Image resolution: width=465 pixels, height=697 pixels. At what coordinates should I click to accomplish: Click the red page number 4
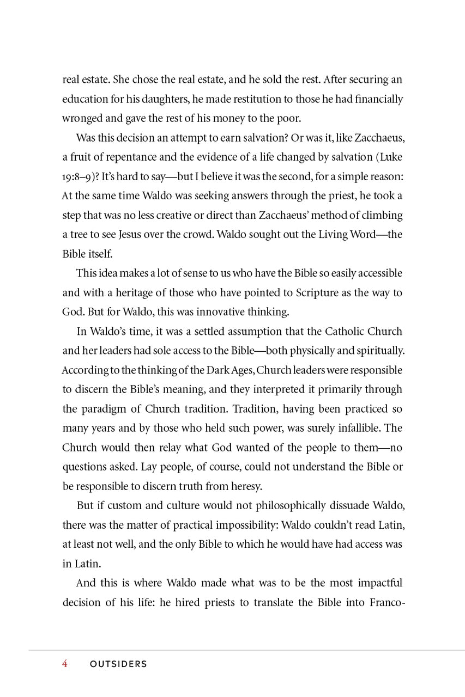(x=65, y=664)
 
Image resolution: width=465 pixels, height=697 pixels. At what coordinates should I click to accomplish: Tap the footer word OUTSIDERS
(x=118, y=664)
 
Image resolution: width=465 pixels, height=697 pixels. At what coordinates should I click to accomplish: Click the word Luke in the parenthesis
(x=390, y=157)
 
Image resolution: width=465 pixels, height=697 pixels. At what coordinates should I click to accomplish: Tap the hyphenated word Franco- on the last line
(x=386, y=602)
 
